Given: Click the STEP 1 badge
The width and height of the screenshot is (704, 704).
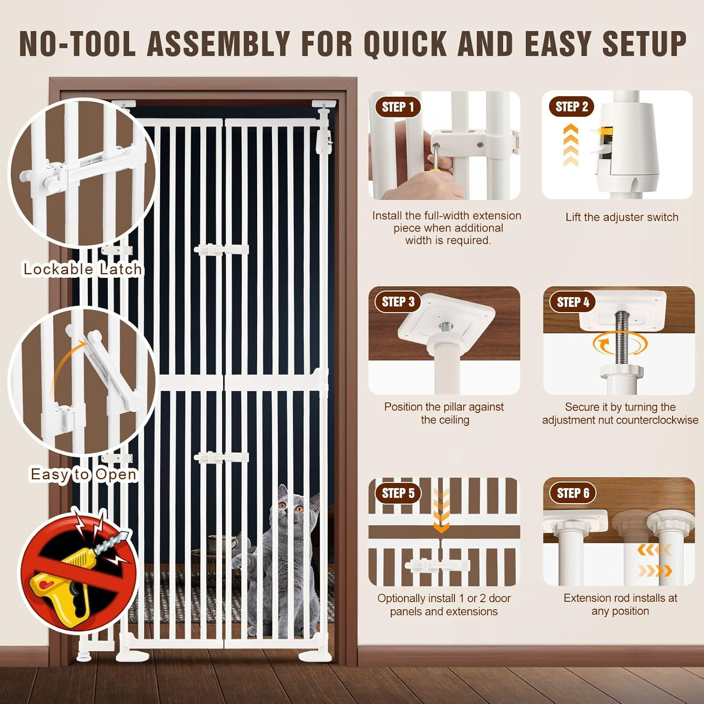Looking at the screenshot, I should pos(398,107).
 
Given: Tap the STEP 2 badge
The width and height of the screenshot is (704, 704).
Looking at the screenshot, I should pos(572,107).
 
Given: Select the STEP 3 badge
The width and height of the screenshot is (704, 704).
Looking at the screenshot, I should pos(398,302).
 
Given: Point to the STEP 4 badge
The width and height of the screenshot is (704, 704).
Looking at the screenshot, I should pos(573,302).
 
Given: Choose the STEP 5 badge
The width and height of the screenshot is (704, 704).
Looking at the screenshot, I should pos(398,493).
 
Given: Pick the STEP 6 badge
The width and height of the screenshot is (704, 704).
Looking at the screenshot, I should pos(573,493).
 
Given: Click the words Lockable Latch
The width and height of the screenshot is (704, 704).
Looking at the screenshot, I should pos(83,269).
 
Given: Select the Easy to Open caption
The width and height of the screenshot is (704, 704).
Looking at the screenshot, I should pos(84,474).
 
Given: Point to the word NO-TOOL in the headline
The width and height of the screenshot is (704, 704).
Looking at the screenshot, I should pos(77,44).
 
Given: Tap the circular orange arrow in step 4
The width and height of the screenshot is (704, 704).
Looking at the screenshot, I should pos(620,345).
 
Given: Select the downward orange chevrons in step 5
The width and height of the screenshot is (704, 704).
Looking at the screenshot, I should pos(441,512).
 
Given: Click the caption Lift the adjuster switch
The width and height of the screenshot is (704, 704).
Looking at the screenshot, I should pos(621,217).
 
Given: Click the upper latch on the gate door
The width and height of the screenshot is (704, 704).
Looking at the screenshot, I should pos(221,250).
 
